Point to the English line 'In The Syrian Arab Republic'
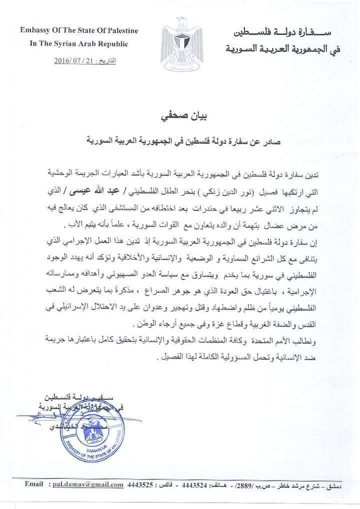(x=79, y=43)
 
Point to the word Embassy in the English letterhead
(x=36, y=30)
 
